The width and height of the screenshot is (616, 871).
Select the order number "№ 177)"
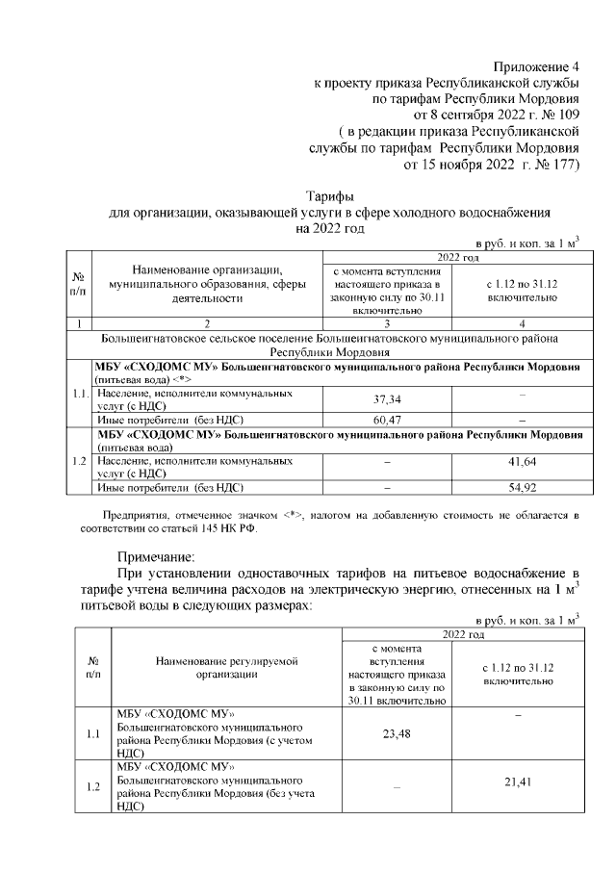tap(554, 165)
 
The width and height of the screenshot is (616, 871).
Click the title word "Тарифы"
tap(329, 196)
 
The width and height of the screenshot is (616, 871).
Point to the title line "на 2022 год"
tap(329, 229)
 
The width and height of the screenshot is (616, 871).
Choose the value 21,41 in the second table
tap(518, 782)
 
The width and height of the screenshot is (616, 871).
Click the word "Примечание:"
tap(156, 556)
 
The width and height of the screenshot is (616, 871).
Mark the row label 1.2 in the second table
tap(94, 787)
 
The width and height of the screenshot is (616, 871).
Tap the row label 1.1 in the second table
tap(94, 735)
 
